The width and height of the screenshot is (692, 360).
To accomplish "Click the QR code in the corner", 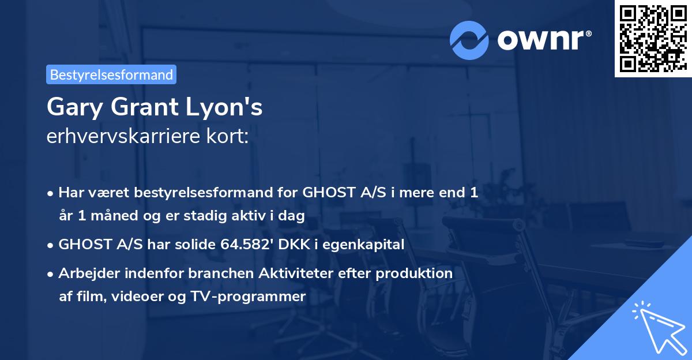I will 653,39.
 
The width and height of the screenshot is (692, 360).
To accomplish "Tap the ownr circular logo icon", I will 469,39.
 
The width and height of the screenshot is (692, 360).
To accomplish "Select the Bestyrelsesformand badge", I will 111,74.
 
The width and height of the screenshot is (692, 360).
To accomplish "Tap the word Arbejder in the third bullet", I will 85,273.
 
